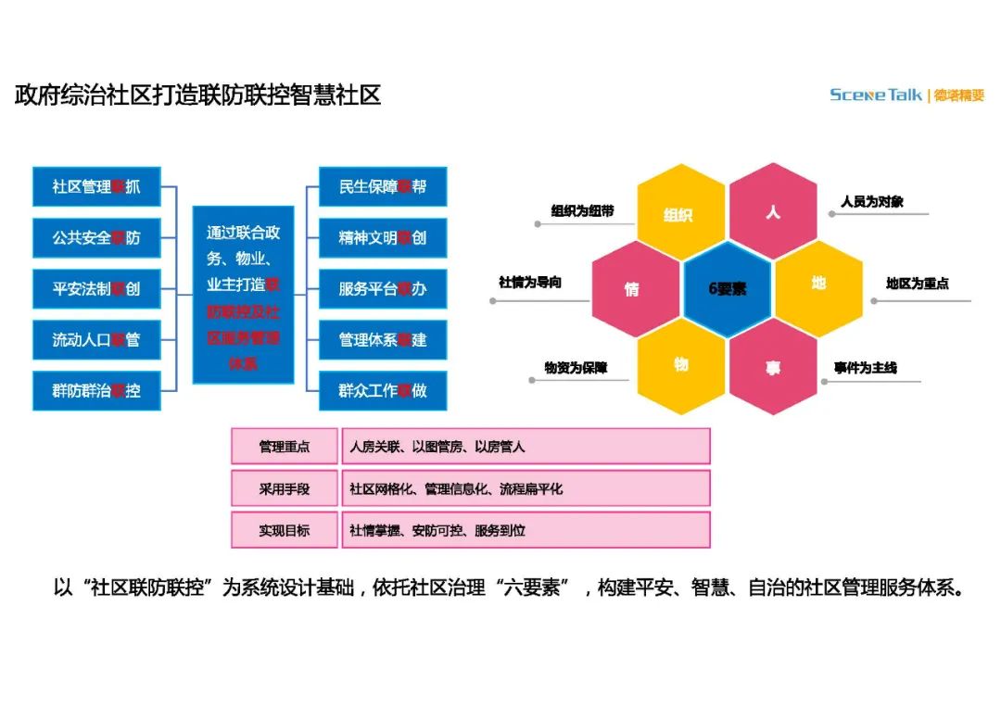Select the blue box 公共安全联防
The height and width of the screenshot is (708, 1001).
pos(96,238)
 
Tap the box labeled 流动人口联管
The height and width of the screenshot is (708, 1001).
pos(96,340)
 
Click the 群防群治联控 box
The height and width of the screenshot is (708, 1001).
pos(96,391)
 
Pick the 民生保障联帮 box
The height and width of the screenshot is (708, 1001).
pos(383,187)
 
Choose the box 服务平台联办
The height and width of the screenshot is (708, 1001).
pos(383,289)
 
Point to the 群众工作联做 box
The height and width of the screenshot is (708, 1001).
pos(383,391)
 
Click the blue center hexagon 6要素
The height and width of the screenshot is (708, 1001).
pos(728,288)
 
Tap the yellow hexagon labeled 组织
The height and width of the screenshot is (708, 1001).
pos(679,214)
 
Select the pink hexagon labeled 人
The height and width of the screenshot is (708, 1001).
pos(773,211)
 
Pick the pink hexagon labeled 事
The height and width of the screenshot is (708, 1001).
pos(773,366)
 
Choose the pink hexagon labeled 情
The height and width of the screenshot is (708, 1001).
pos(633,288)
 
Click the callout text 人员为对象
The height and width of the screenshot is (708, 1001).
pos(871,201)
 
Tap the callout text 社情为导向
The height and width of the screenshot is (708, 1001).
pos(530,283)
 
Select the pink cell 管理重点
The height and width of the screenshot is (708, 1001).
pos(285,447)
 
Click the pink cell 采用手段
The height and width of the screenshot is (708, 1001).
pos(285,488)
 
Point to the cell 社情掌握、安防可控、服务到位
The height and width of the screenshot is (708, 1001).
pos(525,531)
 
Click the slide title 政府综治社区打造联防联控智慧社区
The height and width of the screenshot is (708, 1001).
pos(198,95)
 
